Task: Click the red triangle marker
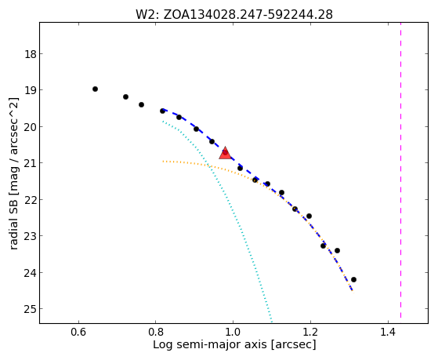coord(225,153)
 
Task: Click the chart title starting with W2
coord(234,15)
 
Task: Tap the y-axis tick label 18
coord(31,53)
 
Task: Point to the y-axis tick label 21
coord(31,163)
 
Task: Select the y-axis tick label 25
coord(31,309)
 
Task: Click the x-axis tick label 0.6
coord(78,332)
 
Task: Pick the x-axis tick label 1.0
coord(233,332)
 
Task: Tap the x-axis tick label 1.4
coord(388,332)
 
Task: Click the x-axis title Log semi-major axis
coord(210,344)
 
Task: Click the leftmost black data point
coord(95,89)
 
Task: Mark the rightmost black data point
coord(353,279)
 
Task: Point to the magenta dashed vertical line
coord(401,170)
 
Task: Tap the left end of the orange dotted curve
coord(163,161)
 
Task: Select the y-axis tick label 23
coord(31,236)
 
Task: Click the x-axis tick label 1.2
coord(310,332)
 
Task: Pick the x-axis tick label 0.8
coord(156,332)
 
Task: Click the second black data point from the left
coord(125,96)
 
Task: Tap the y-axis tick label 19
coord(31,89)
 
